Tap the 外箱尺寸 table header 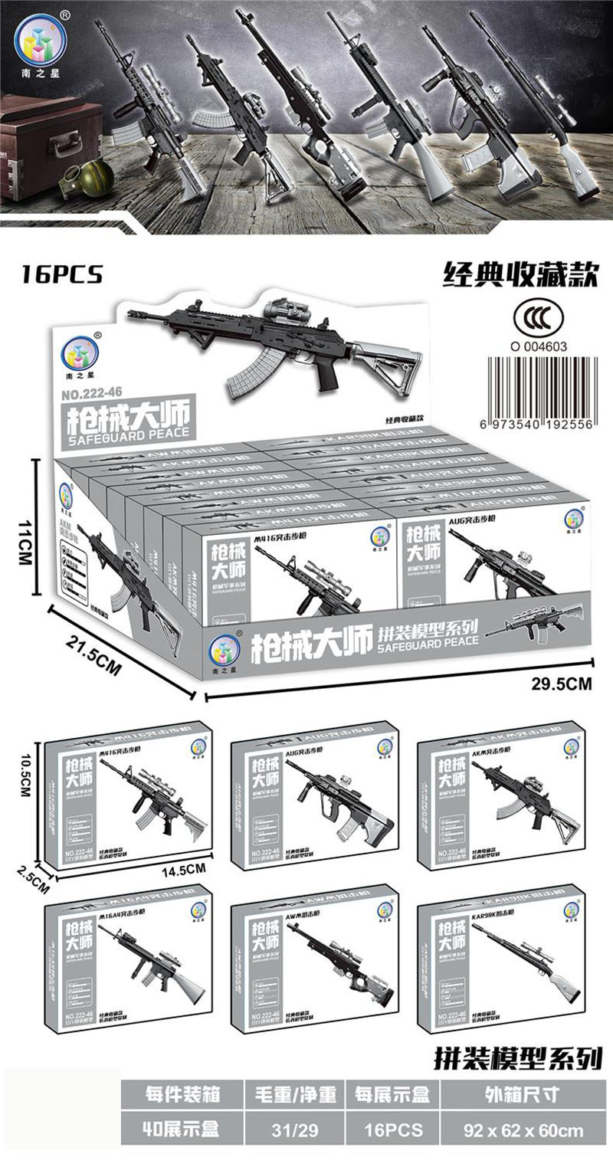[528, 1094]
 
